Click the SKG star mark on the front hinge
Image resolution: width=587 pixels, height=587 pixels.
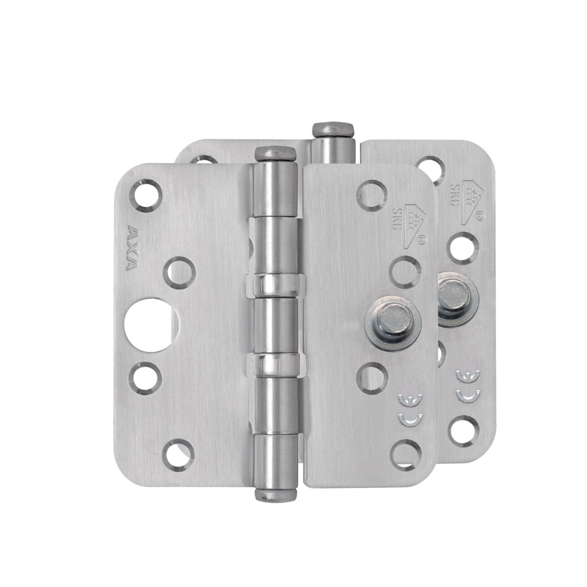pos(412,223)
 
